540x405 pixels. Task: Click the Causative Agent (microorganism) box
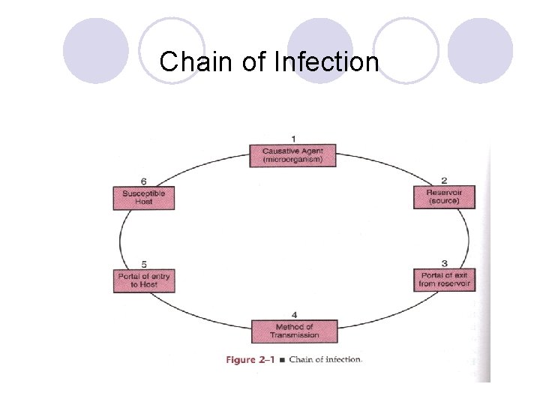tap(292, 155)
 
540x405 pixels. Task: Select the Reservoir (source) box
tap(444, 196)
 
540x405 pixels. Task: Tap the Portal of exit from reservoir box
tap(444, 280)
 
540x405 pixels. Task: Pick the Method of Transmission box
tap(294, 331)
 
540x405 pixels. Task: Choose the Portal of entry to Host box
tap(143, 280)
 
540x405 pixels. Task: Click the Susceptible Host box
tap(143, 197)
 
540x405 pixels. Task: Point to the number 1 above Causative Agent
tap(293, 139)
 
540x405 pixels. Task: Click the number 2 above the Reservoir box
tap(444, 181)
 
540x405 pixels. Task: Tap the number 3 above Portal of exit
tap(444, 263)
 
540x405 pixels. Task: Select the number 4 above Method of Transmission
tap(294, 314)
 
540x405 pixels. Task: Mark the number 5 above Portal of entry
tap(143, 264)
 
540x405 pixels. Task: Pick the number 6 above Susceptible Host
tap(143, 181)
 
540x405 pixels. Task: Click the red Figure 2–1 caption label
tap(250, 359)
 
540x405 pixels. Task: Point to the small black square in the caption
tap(281, 360)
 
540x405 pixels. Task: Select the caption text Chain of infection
tap(325, 359)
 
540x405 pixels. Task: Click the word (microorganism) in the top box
tap(292, 160)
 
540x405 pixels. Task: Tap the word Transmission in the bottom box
tap(294, 335)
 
